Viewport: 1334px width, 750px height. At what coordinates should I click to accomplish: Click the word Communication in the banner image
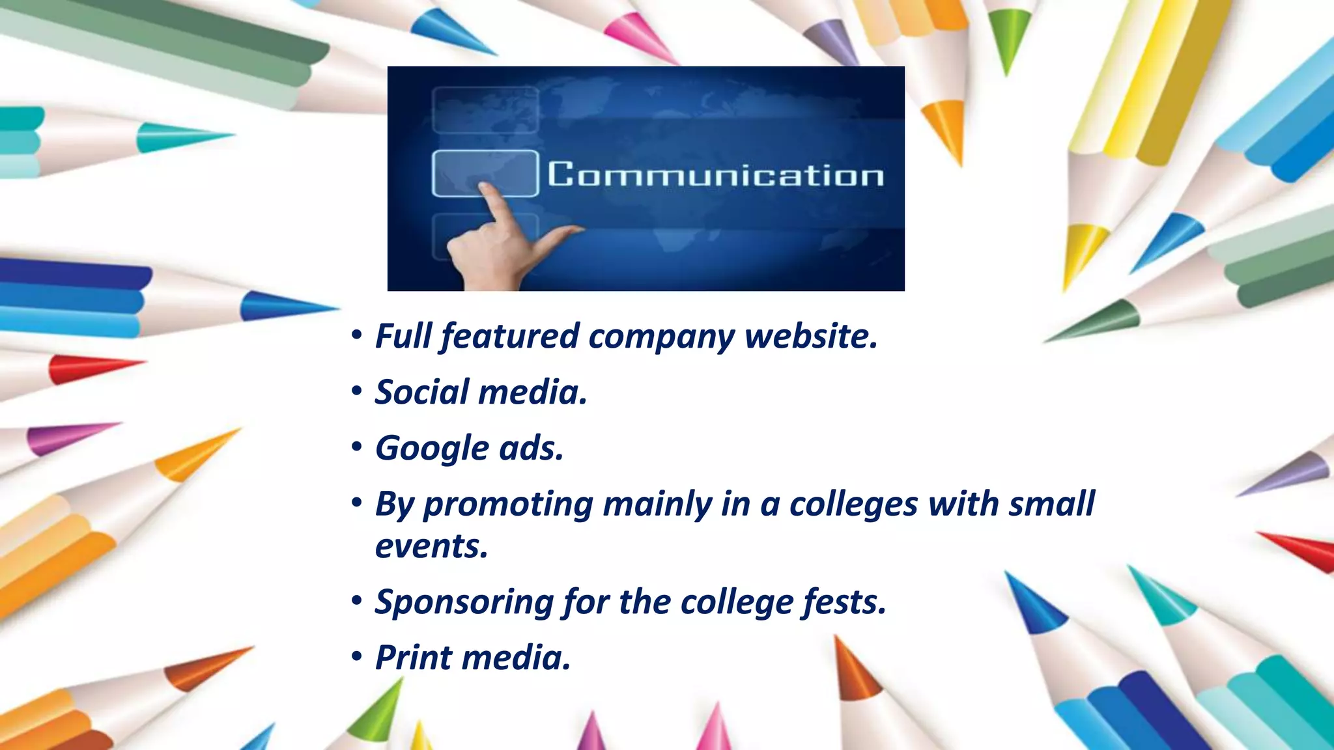(x=715, y=174)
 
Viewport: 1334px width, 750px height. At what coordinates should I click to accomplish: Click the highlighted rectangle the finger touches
(x=485, y=172)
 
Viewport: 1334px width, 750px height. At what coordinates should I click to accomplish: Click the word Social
(x=421, y=393)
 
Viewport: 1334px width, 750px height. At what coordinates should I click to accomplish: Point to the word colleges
(x=853, y=505)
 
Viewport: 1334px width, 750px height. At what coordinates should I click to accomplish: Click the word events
(x=431, y=546)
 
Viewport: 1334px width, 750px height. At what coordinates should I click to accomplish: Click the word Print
(x=414, y=658)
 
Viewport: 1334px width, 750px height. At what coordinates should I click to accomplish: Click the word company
(x=661, y=337)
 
